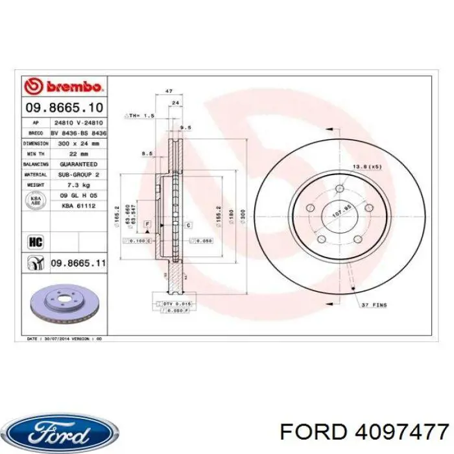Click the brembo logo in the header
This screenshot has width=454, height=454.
coord(63,86)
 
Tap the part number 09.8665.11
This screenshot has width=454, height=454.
coord(78,263)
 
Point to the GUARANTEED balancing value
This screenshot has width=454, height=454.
coord(78,165)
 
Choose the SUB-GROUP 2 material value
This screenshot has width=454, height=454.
coord(78,175)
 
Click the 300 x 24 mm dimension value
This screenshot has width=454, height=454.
coord(78,143)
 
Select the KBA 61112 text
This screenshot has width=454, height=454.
coord(78,206)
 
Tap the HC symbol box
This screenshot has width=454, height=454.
coord(35,241)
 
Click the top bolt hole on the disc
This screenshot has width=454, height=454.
coord(339,189)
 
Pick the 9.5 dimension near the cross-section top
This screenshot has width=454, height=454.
coord(184,128)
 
